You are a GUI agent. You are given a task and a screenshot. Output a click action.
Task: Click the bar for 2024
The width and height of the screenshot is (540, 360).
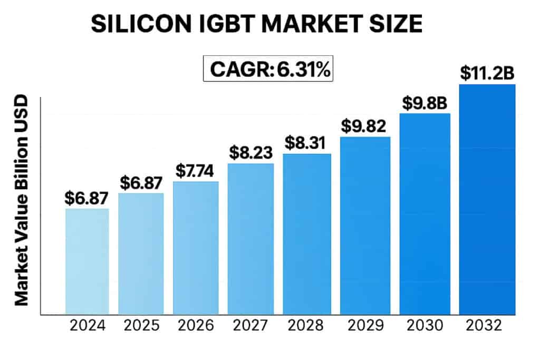(x=87, y=261)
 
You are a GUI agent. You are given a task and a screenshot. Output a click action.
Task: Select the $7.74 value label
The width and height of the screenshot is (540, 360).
(x=196, y=171)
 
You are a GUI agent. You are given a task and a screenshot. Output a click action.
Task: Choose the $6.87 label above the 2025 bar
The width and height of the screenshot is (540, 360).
(x=141, y=182)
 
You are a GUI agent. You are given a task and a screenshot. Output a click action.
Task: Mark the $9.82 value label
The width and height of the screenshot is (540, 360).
(x=364, y=126)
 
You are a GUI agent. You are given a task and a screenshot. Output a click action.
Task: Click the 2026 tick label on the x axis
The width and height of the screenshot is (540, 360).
(x=196, y=325)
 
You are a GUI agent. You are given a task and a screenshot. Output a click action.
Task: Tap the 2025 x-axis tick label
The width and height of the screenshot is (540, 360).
(x=141, y=325)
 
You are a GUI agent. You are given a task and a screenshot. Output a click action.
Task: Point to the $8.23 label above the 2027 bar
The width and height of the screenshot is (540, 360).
(x=250, y=153)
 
